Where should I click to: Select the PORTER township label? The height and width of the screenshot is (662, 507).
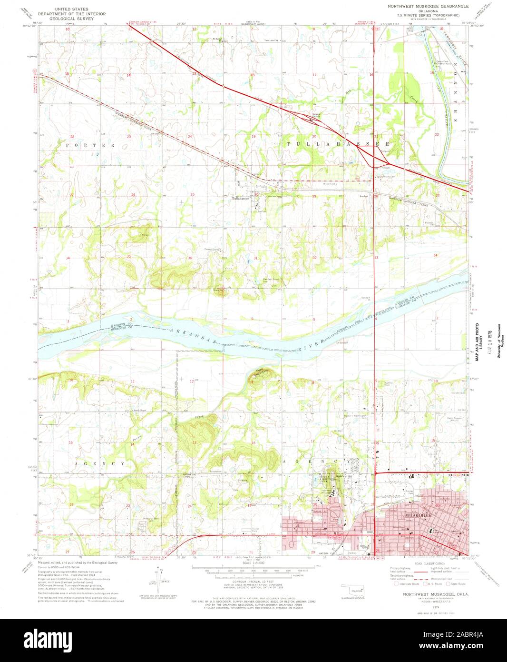click(x=91, y=144)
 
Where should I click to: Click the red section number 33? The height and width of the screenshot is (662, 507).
click(x=376, y=258)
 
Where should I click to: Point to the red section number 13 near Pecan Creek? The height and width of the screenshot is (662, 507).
click(x=194, y=442)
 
